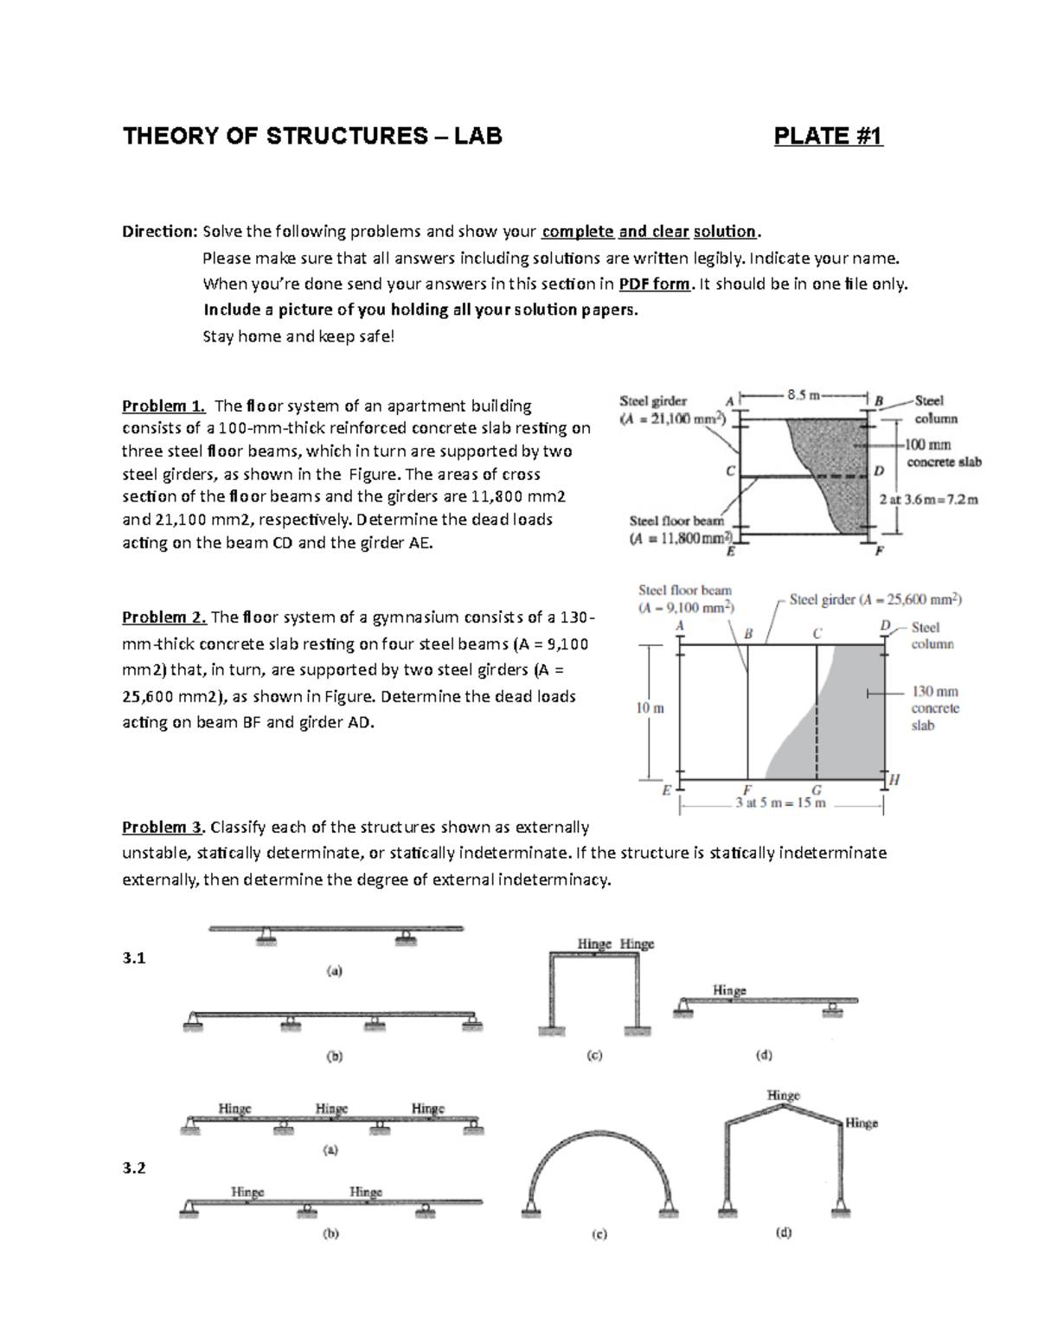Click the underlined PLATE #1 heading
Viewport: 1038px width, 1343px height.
coord(828,136)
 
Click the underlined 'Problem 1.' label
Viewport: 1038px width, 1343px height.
coord(163,406)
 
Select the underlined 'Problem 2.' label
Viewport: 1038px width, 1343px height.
coord(163,617)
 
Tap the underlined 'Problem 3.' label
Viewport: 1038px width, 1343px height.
coord(163,828)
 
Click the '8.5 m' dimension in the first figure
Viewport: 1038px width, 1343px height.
coord(803,395)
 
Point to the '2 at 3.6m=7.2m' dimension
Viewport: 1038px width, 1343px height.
coord(928,500)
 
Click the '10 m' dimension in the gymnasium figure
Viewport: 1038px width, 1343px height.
coord(650,708)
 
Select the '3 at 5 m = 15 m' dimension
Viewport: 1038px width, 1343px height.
coord(780,803)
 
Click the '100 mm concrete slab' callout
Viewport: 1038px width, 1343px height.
coord(941,453)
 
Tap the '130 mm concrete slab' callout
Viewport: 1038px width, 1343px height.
coord(934,708)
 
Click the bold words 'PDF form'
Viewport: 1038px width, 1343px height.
coord(656,284)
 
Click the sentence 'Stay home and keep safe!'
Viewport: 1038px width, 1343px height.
coord(298,336)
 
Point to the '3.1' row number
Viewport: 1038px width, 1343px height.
coord(134,958)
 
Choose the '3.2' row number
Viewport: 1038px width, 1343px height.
coord(134,1168)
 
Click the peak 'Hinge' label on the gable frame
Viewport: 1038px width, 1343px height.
coord(783,1096)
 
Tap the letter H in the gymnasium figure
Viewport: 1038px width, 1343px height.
coord(894,779)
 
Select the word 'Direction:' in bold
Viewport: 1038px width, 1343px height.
coord(160,232)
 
